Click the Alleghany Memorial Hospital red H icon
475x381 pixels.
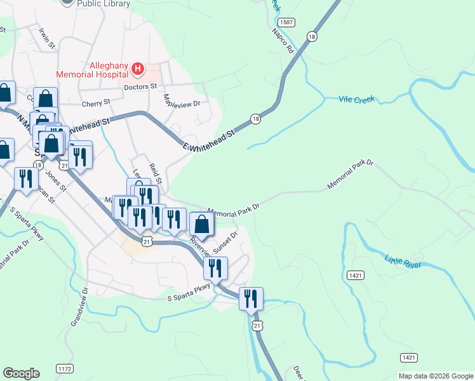137,67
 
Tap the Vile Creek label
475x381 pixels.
357,99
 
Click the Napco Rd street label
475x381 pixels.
283,41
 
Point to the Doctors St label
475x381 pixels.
140,86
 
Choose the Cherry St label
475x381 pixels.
96,102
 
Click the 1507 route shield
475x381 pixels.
287,22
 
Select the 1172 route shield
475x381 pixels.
65,368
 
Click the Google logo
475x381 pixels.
21,373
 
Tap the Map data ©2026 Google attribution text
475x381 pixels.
436,375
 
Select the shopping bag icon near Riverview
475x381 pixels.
202,224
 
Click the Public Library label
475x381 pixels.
104,4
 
